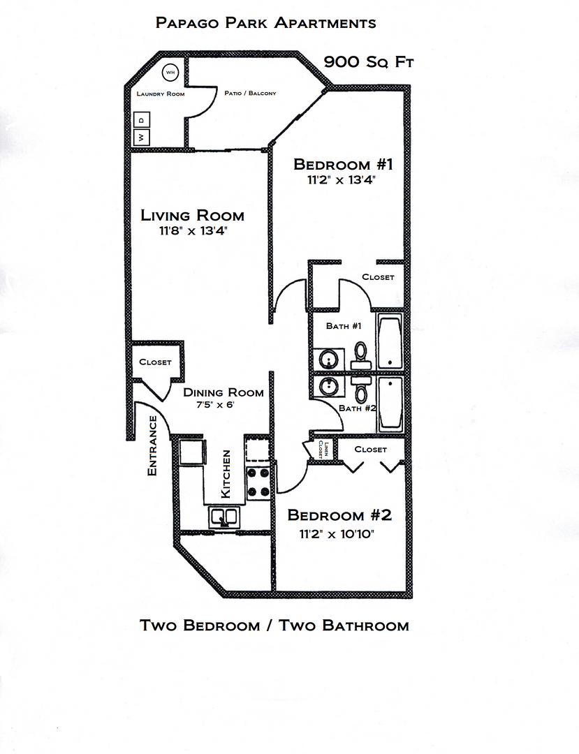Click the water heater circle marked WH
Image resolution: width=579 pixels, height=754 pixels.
(170, 72)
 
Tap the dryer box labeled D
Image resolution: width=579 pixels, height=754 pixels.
(140, 120)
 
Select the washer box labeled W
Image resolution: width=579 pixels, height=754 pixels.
(140, 137)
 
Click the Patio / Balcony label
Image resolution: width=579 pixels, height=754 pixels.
(250, 93)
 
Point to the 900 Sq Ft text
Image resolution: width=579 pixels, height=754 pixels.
(369, 61)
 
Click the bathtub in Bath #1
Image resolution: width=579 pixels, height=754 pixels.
(390, 343)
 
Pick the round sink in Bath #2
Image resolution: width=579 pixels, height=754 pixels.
(328, 385)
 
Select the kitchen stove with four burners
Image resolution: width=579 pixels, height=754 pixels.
(258, 482)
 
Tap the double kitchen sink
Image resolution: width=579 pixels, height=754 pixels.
(223, 517)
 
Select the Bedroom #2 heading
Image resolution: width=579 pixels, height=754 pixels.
(339, 515)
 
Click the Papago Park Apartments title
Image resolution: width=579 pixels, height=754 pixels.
(266, 23)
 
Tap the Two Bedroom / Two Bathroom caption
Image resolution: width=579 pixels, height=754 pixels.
(274, 625)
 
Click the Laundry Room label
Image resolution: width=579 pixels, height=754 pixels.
(161, 94)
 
